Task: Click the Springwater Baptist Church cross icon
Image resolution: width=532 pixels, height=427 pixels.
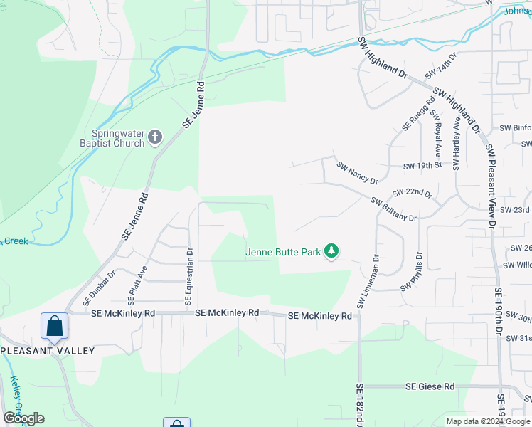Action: (x=156, y=136)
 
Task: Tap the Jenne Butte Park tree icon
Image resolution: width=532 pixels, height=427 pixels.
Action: (x=331, y=251)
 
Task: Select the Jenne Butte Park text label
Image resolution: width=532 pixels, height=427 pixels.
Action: (x=284, y=251)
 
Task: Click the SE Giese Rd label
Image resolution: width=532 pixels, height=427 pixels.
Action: (x=430, y=386)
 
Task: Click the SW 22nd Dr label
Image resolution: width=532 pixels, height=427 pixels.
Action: (x=412, y=193)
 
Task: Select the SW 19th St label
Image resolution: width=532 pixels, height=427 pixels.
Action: (x=422, y=166)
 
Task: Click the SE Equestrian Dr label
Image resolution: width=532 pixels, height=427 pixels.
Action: (x=189, y=276)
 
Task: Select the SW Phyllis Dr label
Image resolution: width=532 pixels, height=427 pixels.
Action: (x=412, y=272)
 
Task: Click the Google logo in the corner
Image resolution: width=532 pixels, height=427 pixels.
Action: (x=23, y=418)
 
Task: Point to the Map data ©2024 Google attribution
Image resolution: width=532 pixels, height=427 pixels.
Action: (x=488, y=421)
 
